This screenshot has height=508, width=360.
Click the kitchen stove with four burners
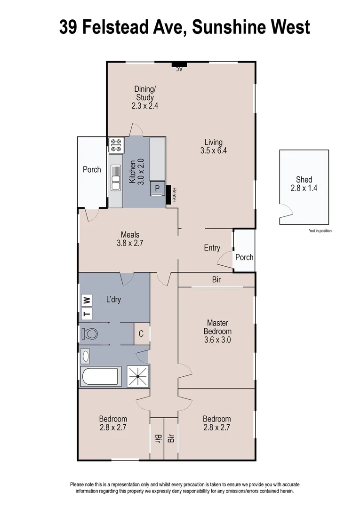coord(116,145)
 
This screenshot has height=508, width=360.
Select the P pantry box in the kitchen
coord(157,188)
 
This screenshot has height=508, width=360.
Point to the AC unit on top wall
coord(179,66)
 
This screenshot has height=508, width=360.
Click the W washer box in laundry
coord(86,300)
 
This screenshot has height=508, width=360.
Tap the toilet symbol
coord(89,334)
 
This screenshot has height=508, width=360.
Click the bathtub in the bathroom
coord(100,376)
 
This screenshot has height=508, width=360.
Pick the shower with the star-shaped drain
coord(138,376)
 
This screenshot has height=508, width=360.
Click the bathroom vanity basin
coord(86,356)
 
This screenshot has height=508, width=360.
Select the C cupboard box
coord(141,334)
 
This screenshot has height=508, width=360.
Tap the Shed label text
coord(304,179)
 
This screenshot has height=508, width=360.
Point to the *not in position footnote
coord(320,231)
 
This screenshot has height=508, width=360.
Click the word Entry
coord(212,248)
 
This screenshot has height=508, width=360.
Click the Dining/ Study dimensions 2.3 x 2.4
coord(144,106)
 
